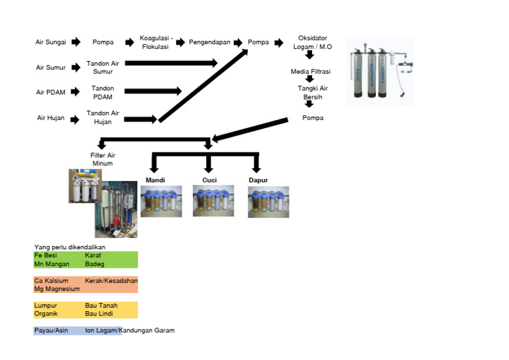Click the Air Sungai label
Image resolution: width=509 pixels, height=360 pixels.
(51, 42)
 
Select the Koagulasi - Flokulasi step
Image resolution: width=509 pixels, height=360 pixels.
(156, 42)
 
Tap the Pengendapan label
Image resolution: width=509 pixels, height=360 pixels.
(209, 42)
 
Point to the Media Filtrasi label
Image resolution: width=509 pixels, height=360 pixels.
(310, 72)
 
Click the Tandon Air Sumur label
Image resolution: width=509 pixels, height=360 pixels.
(103, 67)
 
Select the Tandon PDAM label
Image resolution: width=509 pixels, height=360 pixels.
(103, 92)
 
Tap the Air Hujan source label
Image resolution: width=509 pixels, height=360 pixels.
(51, 118)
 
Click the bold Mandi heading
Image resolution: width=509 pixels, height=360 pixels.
(155, 180)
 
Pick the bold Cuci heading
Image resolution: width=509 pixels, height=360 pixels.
(209, 180)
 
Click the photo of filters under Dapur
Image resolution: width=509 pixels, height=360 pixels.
(268, 202)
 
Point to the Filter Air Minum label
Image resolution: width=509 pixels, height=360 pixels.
(102, 159)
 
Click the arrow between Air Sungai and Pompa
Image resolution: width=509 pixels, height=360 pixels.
(76, 42)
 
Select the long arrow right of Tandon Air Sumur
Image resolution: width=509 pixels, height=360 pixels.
(171, 63)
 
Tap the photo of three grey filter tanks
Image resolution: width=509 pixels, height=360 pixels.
(380, 72)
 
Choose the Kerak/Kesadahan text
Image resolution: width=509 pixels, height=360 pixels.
(111, 280)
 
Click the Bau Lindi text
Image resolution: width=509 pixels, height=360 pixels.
(101, 314)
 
